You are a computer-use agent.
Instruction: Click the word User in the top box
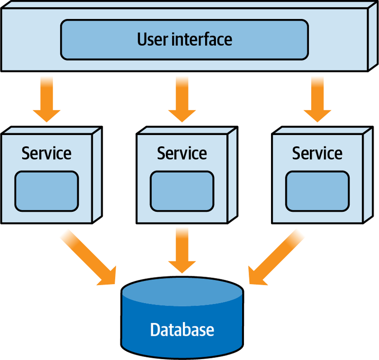coord(153,38)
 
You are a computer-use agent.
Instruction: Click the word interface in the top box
coord(201,38)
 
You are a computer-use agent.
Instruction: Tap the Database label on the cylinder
coord(182,329)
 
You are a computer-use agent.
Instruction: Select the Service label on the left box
coord(46,153)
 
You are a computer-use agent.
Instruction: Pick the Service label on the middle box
coord(182,153)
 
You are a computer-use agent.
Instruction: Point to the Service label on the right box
coord(317,153)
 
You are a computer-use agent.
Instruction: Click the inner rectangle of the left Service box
coord(46,191)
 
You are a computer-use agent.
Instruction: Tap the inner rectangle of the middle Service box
coord(182,191)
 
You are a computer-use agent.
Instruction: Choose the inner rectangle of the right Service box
coord(317,191)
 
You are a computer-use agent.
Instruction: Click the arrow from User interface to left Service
coord(46,104)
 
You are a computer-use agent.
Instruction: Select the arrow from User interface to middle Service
coord(182,104)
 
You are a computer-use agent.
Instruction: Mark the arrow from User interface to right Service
coord(317,104)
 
